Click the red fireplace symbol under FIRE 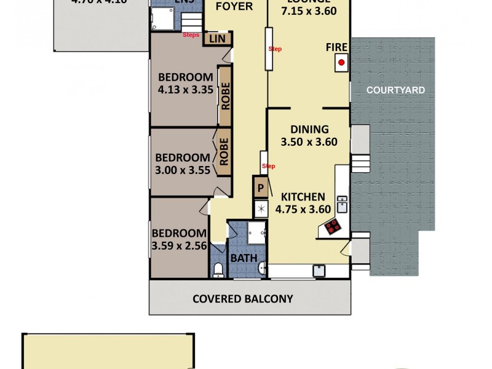pos(341,62)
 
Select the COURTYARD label pos(395,90)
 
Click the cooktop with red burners pos(333,227)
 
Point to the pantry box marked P pos(260,188)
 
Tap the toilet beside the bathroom pos(217,269)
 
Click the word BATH pos(244,258)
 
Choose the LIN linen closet pos(217,39)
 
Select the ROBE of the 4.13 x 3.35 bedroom pos(225,96)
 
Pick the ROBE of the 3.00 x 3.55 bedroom pos(224,151)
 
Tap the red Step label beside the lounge pos(275,49)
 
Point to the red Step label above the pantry pos(269,166)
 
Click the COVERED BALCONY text pos(243,300)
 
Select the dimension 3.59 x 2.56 pos(179,247)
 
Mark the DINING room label pos(309,130)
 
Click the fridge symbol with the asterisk pos(261,208)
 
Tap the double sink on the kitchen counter pos(342,204)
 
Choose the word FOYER pos(234,7)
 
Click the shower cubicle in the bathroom pos(256,233)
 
